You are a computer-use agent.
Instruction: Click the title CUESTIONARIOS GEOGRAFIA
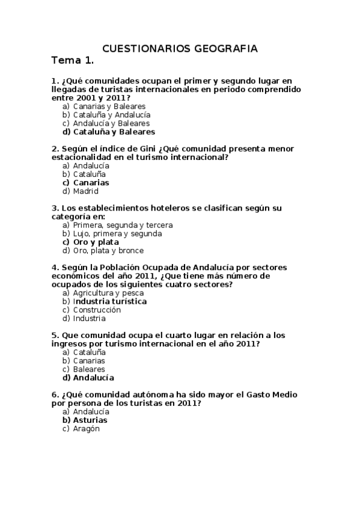pos(180,48)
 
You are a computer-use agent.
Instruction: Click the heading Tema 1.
pos(73,61)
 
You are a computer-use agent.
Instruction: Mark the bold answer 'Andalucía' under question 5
pos(93,378)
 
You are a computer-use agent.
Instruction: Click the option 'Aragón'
pos(86,429)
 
